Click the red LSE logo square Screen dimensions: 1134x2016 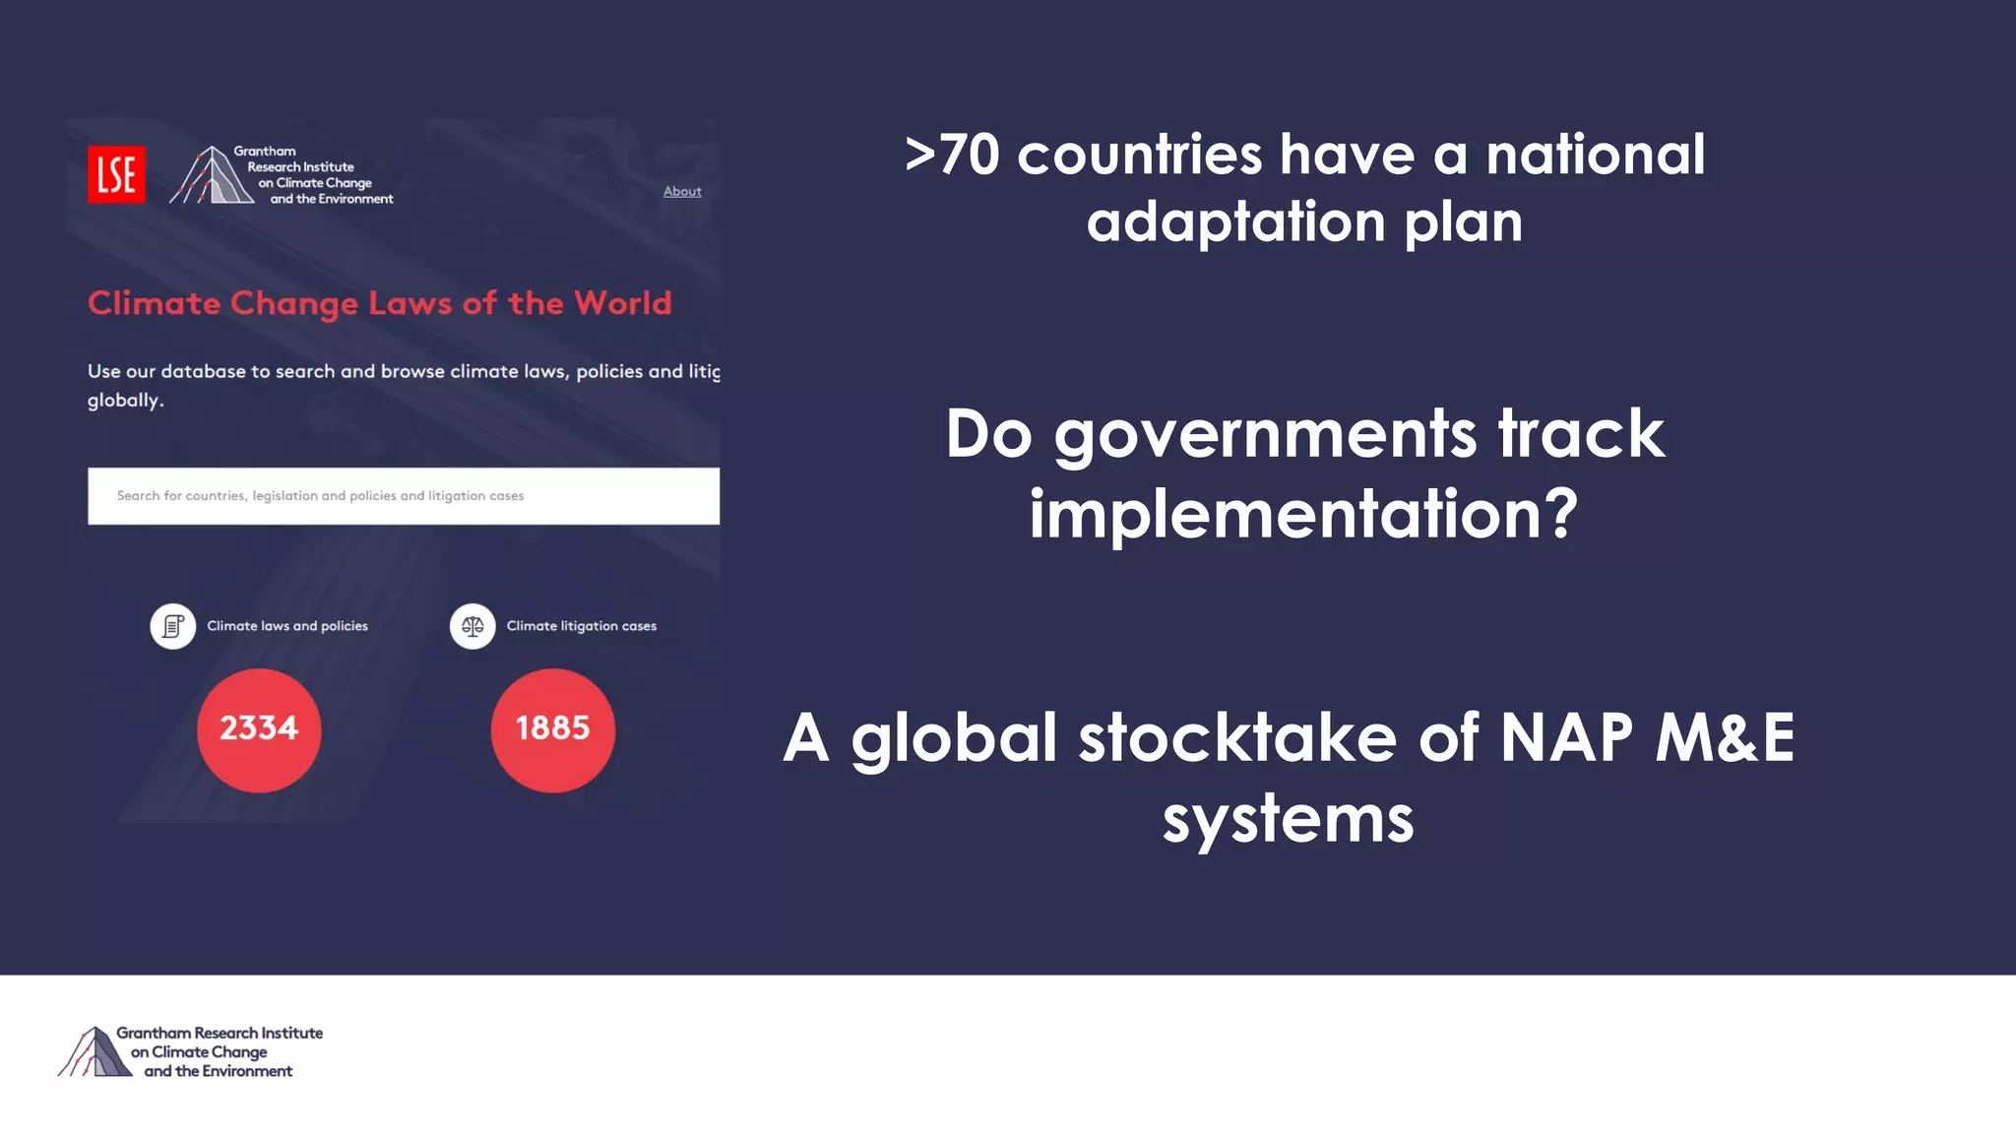click(116, 174)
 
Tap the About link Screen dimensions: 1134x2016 click(682, 191)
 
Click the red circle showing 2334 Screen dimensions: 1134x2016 click(259, 729)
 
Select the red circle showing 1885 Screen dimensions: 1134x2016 click(552, 729)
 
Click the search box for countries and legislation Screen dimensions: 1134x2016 click(403, 496)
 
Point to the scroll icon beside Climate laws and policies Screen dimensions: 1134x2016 click(173, 626)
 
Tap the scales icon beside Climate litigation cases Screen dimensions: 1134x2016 click(472, 626)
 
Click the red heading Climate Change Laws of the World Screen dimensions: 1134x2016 click(379, 303)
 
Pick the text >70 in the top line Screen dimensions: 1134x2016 click(952, 156)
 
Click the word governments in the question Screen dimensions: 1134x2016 click(1265, 434)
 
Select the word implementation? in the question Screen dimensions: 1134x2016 click(1303, 514)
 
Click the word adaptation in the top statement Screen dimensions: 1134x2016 click(1236, 222)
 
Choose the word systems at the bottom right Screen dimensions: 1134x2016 click(1288, 819)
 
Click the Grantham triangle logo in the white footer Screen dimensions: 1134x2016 click(94, 1051)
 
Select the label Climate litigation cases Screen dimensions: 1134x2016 click(581, 626)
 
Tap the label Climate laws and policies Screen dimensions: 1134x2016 click(287, 626)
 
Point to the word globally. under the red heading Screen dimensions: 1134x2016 click(125, 401)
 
